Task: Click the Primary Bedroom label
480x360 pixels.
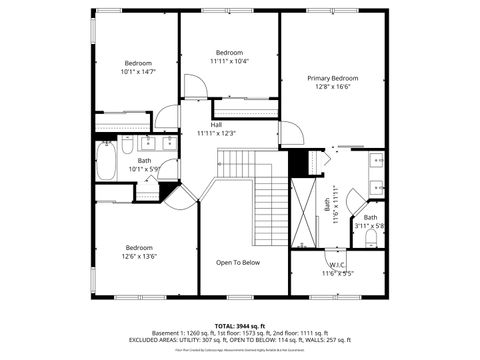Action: coord(332,78)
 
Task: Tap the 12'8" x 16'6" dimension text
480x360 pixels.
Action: coord(332,87)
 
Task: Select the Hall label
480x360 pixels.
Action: coord(216,124)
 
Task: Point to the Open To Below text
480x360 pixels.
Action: coord(238,262)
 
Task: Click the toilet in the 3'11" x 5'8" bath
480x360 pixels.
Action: coord(371,238)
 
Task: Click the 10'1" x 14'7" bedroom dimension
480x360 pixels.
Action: coord(138,72)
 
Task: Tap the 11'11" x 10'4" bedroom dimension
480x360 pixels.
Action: coord(229,61)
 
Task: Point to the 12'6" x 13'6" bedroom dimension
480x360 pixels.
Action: coord(139,256)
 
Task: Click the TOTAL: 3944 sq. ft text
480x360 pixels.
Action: coord(238,326)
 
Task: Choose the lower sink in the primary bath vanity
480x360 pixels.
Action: coord(376,185)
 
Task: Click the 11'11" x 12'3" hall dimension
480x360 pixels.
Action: coord(216,133)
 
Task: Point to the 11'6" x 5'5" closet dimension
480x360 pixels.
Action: coord(337,273)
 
